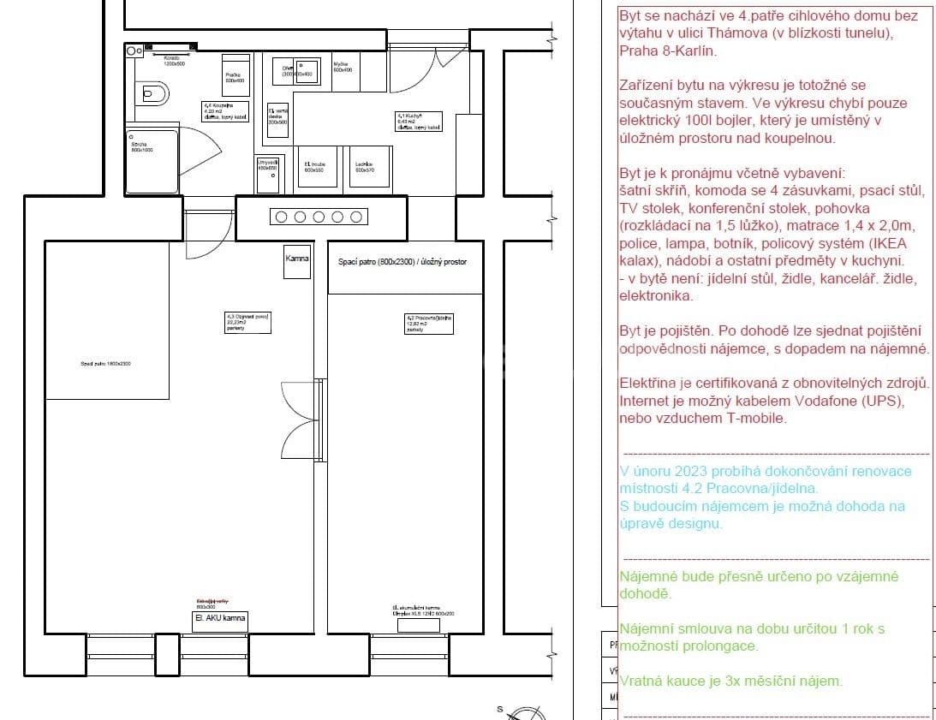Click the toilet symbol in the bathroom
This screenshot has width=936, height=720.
tap(152, 92)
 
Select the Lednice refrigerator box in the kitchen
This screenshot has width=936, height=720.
tap(370, 166)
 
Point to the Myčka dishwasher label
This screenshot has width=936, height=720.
tap(342, 68)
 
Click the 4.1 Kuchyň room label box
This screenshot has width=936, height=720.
tap(419, 121)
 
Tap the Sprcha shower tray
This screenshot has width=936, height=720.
tap(152, 161)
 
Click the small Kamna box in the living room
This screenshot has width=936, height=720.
tap(297, 260)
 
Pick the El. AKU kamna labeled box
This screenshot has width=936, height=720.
tap(220, 620)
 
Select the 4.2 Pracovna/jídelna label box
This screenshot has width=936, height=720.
tap(429, 322)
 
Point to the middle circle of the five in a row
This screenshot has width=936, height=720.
tap(318, 217)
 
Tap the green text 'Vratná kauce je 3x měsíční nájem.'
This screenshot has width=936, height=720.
tap(730, 681)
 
